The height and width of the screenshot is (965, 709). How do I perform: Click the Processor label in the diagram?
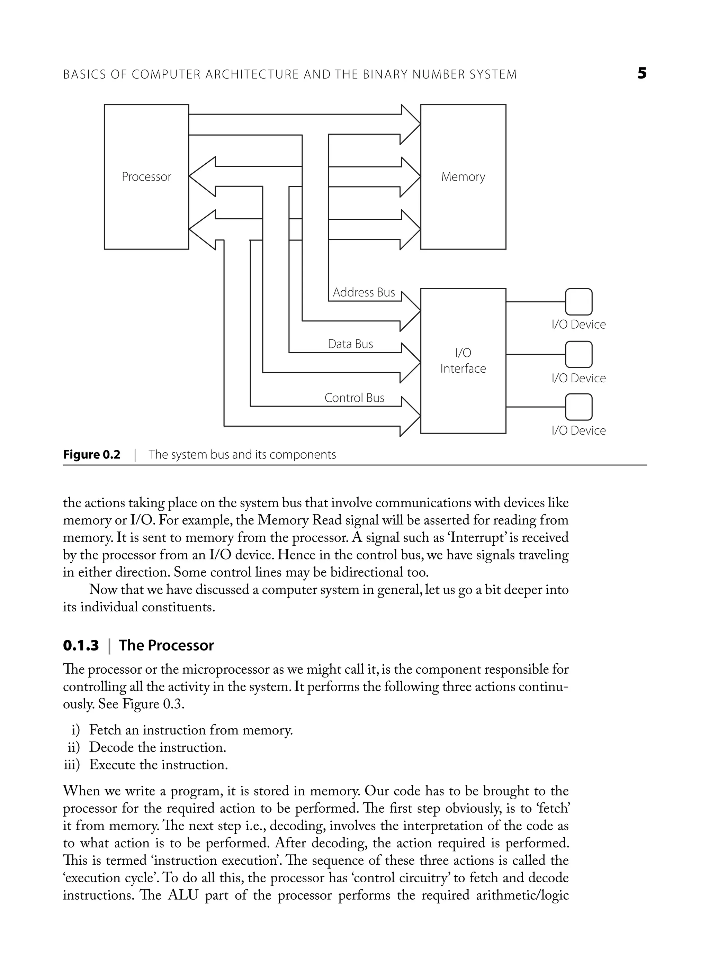tap(146, 177)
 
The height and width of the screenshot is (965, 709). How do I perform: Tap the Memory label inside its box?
tap(463, 177)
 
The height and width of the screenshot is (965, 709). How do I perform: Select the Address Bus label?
tap(364, 292)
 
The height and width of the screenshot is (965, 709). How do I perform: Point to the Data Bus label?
tap(350, 344)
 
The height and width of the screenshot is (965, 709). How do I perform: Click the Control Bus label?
tap(354, 398)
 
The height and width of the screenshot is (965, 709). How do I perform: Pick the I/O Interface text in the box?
tap(463, 361)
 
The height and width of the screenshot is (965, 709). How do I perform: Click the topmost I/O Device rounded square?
tap(578, 302)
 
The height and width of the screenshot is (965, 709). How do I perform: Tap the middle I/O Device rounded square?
tap(578, 355)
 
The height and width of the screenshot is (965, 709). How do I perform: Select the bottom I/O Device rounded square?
tap(578, 407)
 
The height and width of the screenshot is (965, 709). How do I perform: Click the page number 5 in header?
tap(641, 74)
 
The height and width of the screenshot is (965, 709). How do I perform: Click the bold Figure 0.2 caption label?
tap(92, 455)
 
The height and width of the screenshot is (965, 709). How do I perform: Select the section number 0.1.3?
tap(81, 646)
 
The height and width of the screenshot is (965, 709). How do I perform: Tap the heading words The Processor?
tap(166, 646)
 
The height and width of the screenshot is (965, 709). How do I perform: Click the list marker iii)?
tap(72, 765)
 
